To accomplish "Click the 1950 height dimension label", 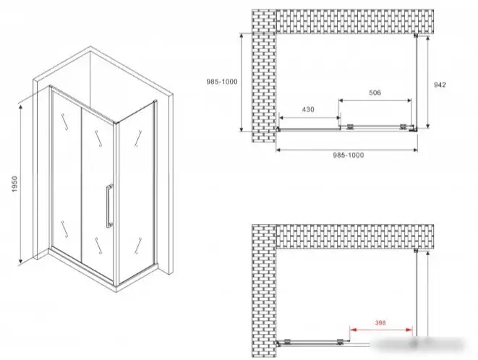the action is click(15, 184).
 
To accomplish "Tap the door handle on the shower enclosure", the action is click(109, 206).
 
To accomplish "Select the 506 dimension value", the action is click(375, 93).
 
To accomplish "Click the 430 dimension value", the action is click(308, 109).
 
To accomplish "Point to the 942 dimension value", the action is click(440, 85).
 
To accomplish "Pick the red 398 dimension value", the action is click(380, 323).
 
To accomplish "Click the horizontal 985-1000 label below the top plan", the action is click(348, 155).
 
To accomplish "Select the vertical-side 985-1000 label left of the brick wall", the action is click(221, 82).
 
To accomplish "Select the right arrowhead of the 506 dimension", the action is click(409, 100).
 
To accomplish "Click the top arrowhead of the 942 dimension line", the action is click(428, 39).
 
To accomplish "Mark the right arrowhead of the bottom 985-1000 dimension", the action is click(414, 150).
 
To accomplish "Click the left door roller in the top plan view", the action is click(349, 127).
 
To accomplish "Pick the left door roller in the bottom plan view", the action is click(286, 341).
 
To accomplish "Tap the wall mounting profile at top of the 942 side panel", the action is click(416, 35).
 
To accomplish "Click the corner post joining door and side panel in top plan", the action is click(414, 129).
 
